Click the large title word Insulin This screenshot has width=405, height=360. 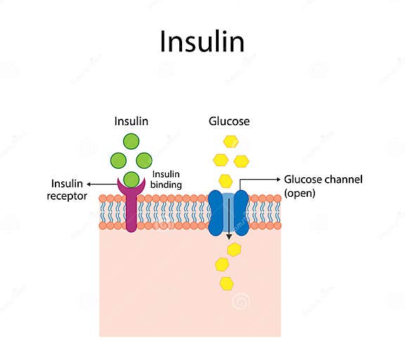tap(202, 41)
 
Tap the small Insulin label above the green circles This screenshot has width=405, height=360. tap(131, 121)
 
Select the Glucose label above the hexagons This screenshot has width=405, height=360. tap(229, 121)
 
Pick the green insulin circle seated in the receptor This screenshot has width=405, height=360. tap(131, 179)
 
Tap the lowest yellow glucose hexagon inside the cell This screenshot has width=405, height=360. tap(226, 283)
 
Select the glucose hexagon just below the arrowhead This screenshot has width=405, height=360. tap(233, 249)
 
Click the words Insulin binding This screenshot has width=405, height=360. tap(167, 179)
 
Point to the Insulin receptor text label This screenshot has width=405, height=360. tap(68, 190)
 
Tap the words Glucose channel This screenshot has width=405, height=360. tap(323, 179)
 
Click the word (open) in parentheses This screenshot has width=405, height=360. tap(300, 193)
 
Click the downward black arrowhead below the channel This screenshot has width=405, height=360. tap(229, 238)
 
